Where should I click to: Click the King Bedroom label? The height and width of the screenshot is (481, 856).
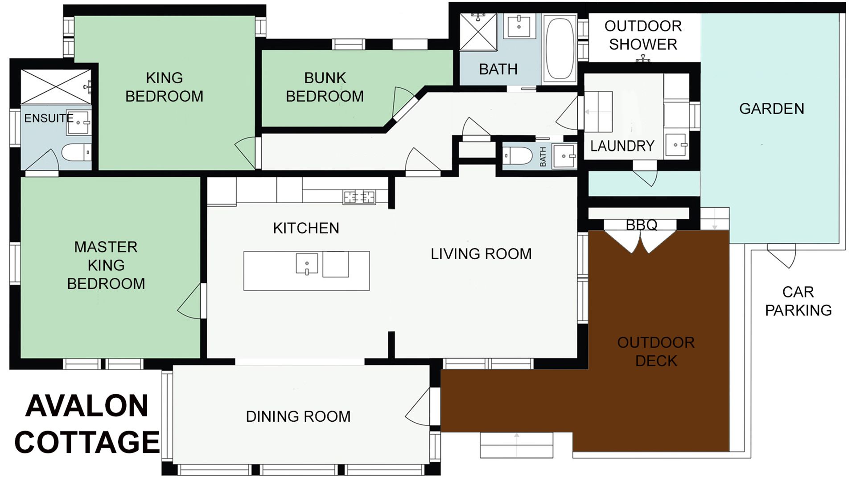tap(164, 87)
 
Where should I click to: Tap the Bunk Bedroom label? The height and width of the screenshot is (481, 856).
tap(325, 87)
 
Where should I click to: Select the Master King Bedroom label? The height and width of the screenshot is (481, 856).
tap(106, 265)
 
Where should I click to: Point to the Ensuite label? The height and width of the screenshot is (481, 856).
tap(49, 118)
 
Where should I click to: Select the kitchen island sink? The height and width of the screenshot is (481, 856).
tap(307, 264)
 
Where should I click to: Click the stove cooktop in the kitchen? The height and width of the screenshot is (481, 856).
tap(359, 196)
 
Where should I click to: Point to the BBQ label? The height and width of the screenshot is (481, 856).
tap(642, 225)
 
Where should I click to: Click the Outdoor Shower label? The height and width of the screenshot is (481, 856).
tap(643, 35)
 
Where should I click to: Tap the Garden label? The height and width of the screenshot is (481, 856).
tap(772, 109)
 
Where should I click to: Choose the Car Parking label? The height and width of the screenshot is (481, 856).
tap(798, 301)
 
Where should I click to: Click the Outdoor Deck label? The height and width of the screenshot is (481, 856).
tap(656, 351)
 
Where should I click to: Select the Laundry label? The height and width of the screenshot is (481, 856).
tap(622, 146)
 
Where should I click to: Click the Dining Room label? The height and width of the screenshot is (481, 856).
tap(298, 416)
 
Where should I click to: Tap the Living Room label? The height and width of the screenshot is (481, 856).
tap(481, 254)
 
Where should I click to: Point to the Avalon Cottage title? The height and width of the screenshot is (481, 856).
tap(87, 424)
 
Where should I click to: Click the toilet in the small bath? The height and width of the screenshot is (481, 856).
tap(518, 156)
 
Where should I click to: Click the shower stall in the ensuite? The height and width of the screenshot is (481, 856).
tap(56, 87)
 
